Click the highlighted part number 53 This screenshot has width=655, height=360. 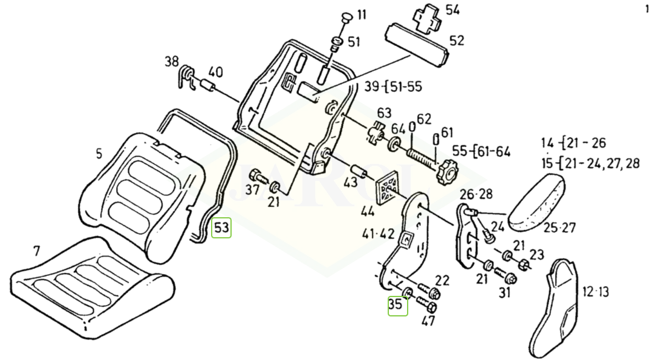tap(222, 228)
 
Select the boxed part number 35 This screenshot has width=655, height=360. tap(397, 305)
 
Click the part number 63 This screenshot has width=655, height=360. tap(385, 113)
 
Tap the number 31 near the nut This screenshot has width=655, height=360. tap(504, 293)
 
